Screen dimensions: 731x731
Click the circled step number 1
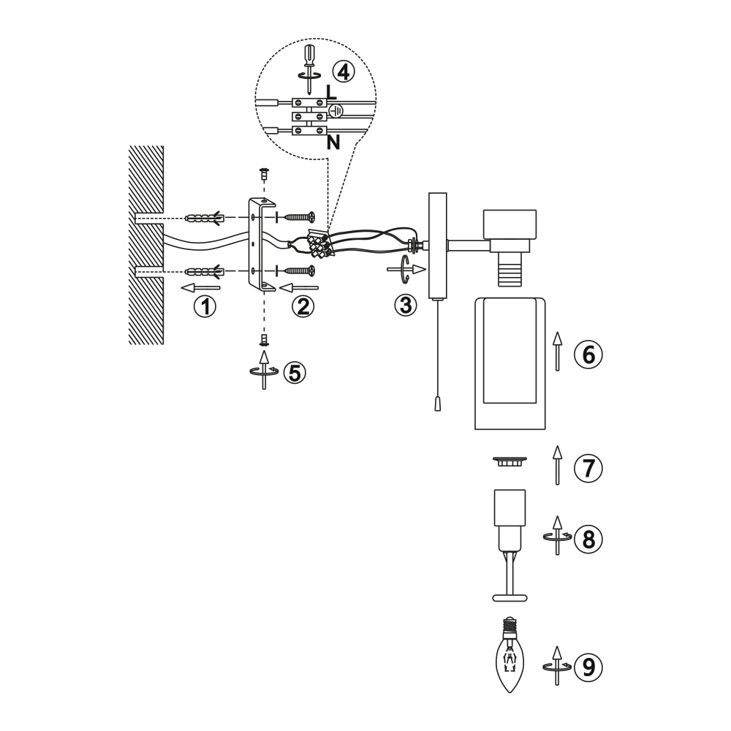click(205, 307)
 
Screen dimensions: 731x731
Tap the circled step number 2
click(303, 307)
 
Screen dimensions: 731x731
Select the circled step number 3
click(405, 305)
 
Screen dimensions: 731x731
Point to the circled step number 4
click(344, 72)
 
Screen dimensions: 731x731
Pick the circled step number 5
click(295, 372)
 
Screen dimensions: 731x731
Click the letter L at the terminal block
click(331, 92)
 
